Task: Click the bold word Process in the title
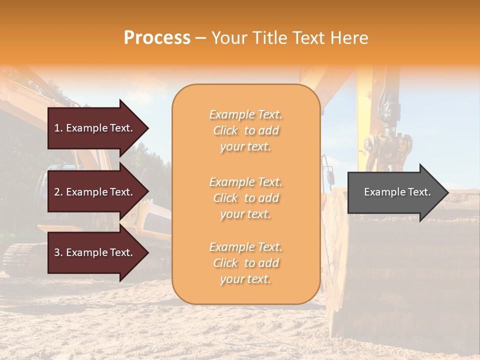click(157, 38)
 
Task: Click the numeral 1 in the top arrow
click(57, 128)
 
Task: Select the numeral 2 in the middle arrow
click(57, 192)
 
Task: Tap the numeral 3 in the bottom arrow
click(57, 252)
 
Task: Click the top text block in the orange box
click(245, 130)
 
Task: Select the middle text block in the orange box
click(245, 198)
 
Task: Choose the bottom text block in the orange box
click(245, 263)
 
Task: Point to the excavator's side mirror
click(329, 175)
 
